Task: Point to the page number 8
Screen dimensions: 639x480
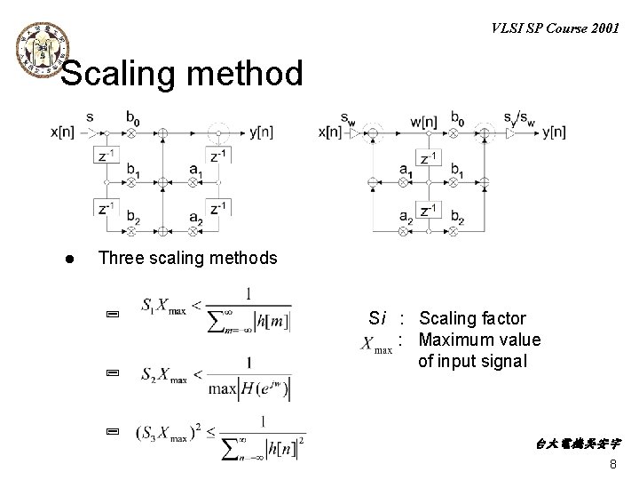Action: pyautogui.click(x=613, y=466)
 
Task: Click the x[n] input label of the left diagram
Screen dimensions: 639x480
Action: pyautogui.click(x=66, y=132)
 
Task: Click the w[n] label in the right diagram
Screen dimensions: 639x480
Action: pyautogui.click(x=424, y=118)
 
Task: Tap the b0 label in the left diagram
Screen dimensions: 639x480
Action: pyautogui.click(x=133, y=117)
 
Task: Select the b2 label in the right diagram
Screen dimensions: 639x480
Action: pyautogui.click(x=459, y=218)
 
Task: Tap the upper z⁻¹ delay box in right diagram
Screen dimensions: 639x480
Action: pyautogui.click(x=430, y=159)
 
